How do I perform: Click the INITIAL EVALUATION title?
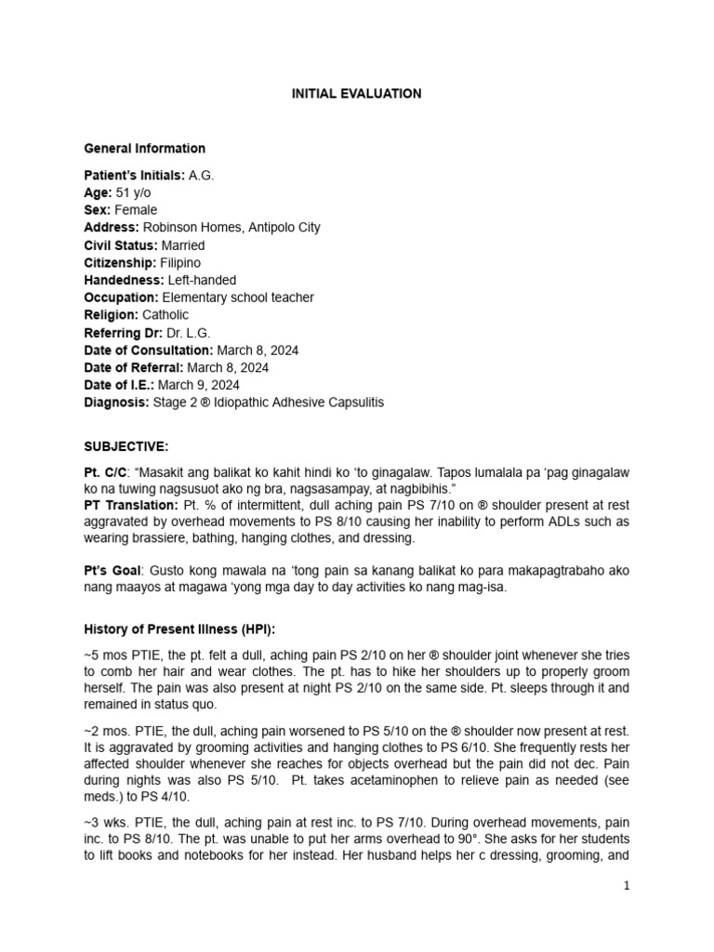(357, 94)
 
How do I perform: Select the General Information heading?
(144, 149)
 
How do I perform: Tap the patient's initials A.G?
(202, 176)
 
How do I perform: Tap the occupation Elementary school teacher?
(238, 297)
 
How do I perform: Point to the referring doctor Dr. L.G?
(178, 333)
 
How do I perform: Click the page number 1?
(628, 886)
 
